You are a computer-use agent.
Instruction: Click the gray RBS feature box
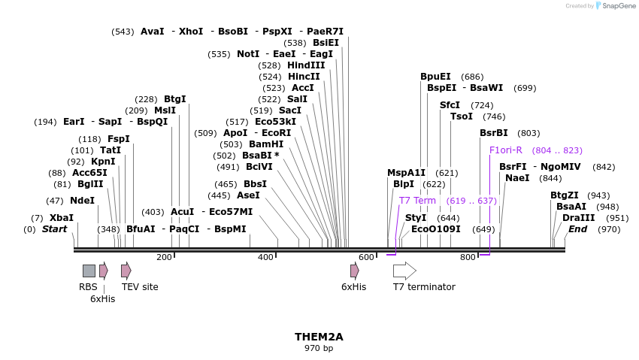[89, 271]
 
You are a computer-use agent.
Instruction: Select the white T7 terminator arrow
[404, 271]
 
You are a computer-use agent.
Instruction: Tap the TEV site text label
[140, 287]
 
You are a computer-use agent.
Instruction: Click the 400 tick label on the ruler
[265, 258]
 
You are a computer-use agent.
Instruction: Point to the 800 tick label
[468, 258]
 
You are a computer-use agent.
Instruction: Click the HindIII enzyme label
[306, 65]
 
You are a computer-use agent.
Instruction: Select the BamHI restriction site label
[266, 144]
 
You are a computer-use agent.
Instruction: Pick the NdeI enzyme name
[83, 201]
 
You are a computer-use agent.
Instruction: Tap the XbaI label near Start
[62, 218]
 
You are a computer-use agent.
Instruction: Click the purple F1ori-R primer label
[505, 150]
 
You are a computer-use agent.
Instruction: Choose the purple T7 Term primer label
[417, 201]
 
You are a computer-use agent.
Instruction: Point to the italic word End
[577, 229]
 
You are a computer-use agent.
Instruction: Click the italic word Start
[54, 229]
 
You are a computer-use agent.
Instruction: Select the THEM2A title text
[319, 337]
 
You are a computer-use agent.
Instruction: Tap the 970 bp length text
[319, 349]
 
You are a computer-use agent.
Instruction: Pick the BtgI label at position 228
[174, 99]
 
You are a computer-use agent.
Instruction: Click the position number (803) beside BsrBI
[528, 133]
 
